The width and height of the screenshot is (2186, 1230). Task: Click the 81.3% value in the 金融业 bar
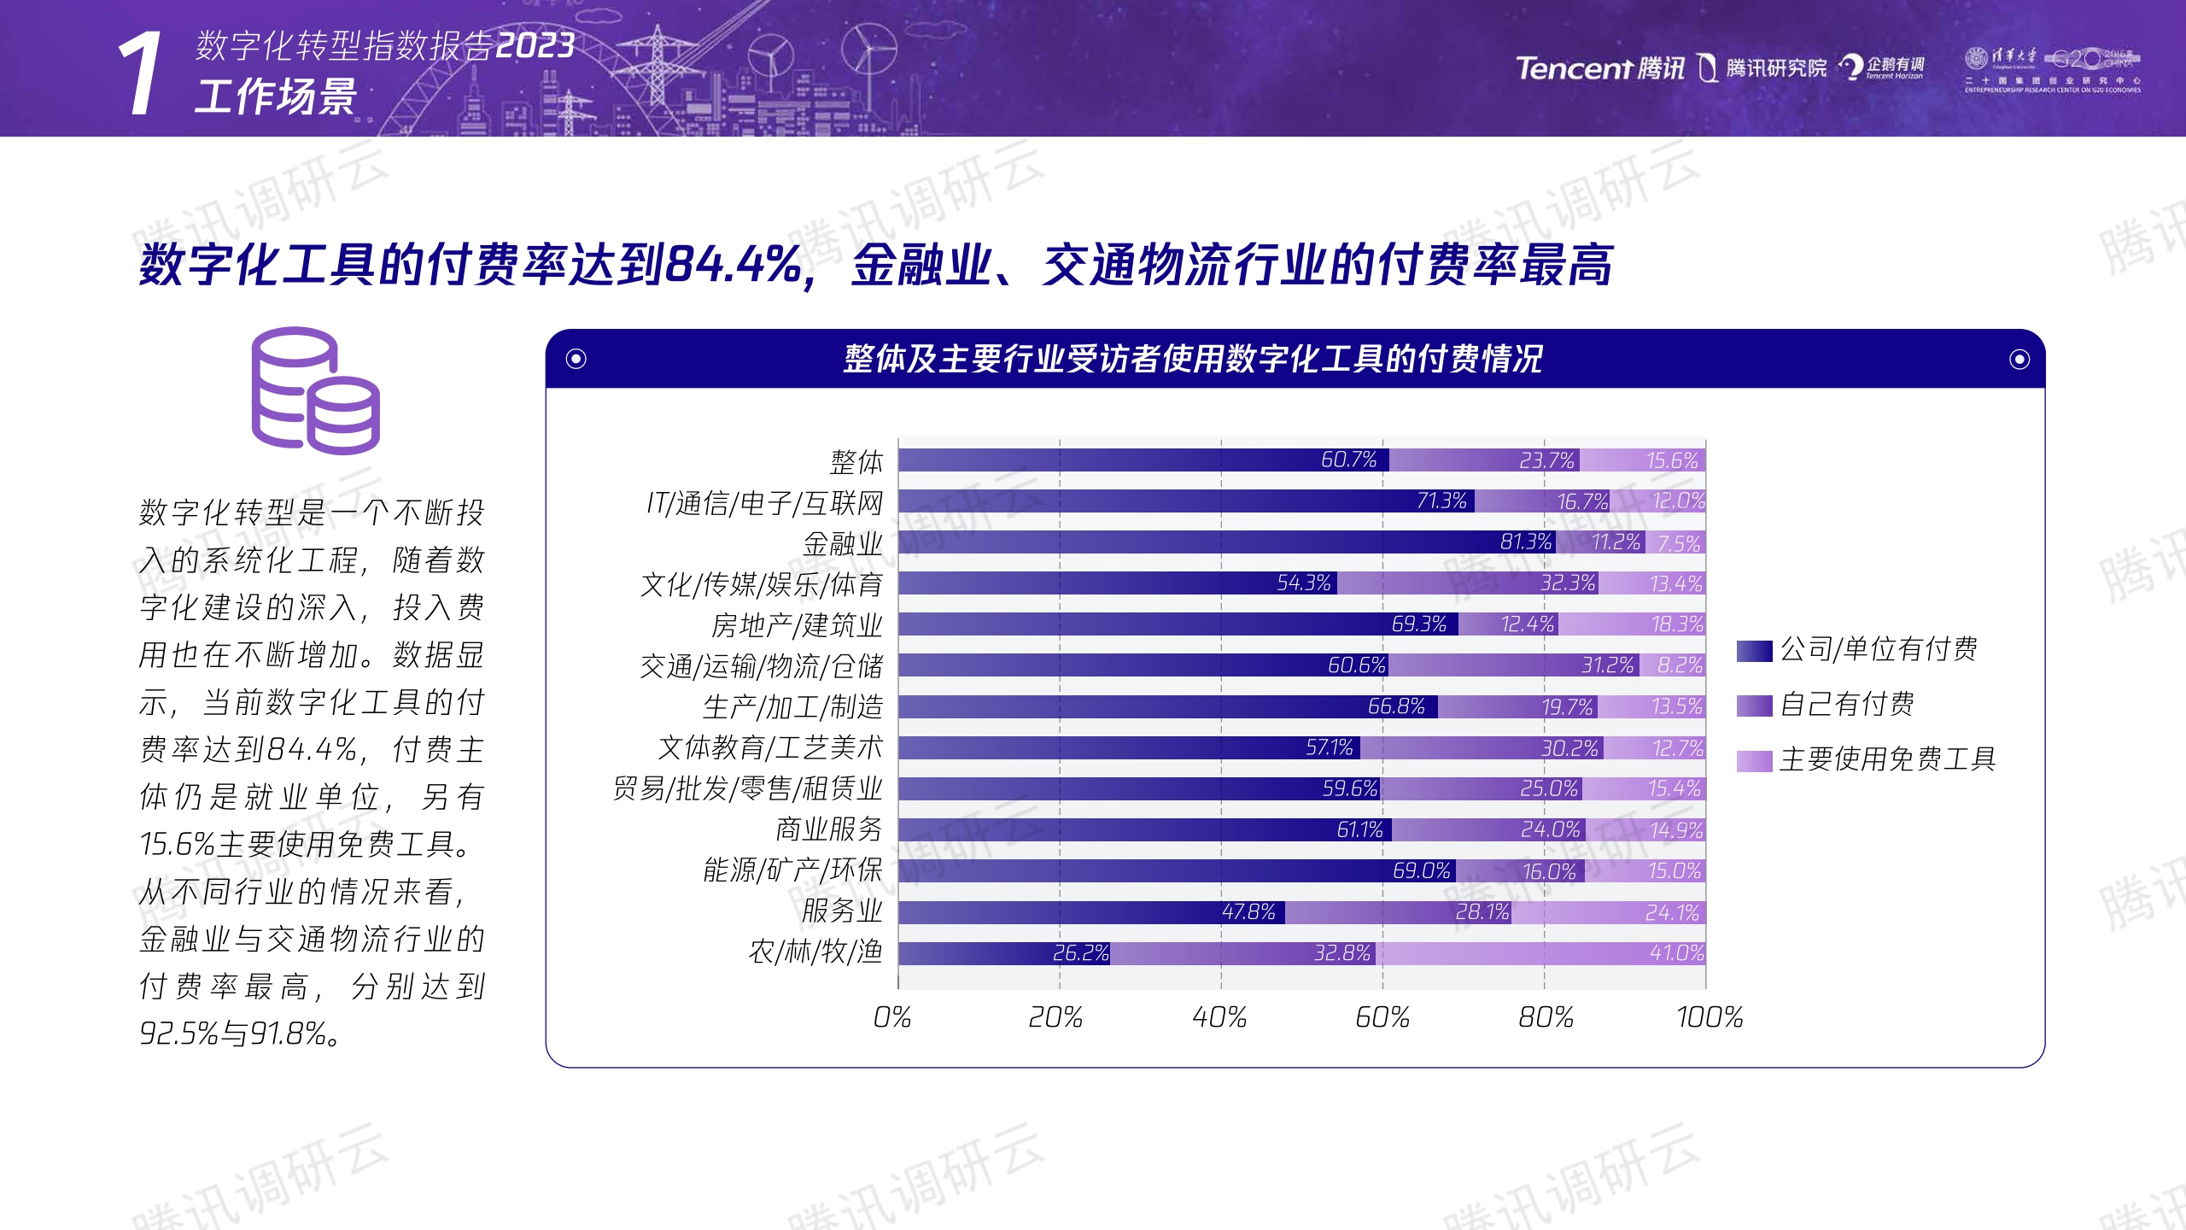coord(1525,542)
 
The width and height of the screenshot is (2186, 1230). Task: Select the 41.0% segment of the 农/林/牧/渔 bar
coord(1540,953)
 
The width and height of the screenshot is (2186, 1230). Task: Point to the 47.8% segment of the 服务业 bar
coord(1091,912)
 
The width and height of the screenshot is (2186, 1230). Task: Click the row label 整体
coord(856,462)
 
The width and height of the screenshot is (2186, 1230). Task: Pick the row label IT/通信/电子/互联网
coord(764,503)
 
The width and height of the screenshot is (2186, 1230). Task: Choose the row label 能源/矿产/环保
coord(792,870)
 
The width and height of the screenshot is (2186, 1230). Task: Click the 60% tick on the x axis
coord(1382,1017)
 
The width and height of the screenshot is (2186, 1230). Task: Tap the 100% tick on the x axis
coord(1709,1017)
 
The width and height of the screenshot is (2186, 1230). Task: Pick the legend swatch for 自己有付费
coord(1754,706)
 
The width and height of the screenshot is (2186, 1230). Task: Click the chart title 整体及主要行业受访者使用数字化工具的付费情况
coord(1192,359)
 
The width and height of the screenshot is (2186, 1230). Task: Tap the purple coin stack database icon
coord(315,390)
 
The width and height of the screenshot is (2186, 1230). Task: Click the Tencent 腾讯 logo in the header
coord(1599,68)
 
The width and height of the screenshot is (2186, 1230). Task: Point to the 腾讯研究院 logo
coord(1762,68)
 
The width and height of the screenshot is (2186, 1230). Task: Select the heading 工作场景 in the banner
coord(275,97)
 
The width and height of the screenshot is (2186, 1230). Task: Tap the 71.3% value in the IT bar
coord(1441,501)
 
